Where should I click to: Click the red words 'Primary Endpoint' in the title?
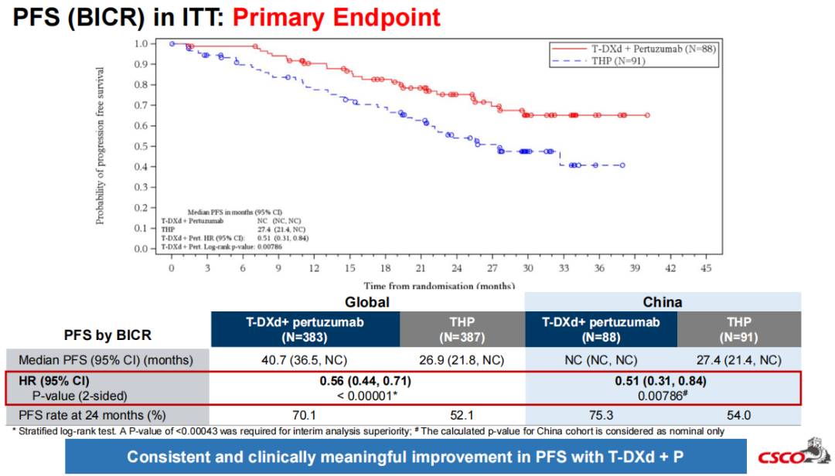pos(336,17)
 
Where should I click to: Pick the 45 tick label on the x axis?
pos(706,268)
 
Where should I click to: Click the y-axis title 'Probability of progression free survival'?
pos(101,146)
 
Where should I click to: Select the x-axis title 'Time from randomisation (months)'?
pos(438,285)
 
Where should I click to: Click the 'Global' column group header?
pos(366,302)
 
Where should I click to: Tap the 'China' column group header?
pos(662,302)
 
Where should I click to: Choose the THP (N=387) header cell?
pos(462,329)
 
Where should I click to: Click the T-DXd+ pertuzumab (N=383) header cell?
pos(305,329)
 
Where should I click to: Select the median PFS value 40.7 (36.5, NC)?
pos(305,359)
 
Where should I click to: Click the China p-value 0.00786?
pos(663,394)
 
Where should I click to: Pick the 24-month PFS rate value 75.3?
pos(601,415)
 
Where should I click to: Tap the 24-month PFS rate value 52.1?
pos(462,415)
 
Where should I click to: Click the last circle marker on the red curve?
pos(647,115)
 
